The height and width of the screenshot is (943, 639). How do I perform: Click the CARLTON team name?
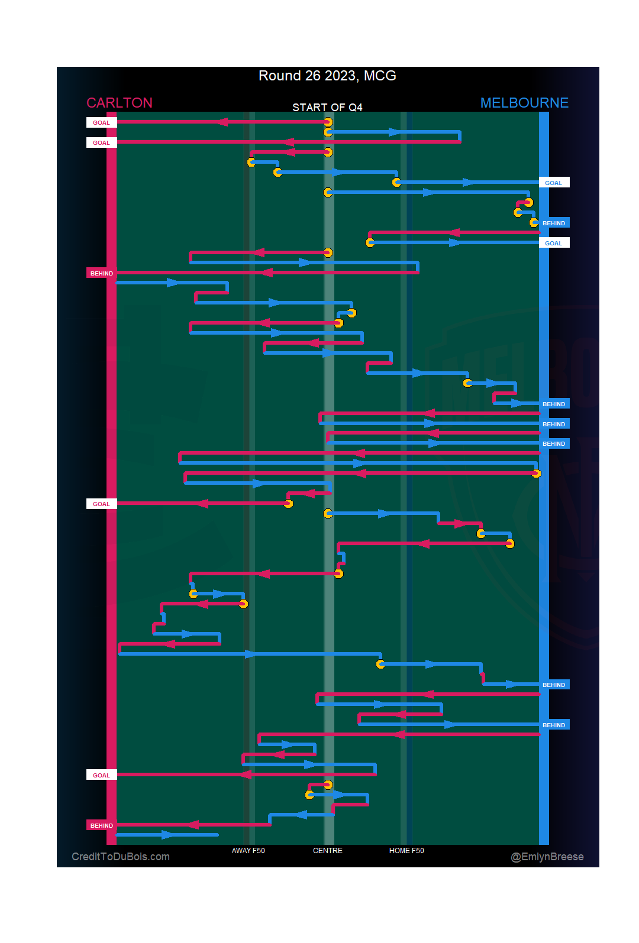click(x=120, y=103)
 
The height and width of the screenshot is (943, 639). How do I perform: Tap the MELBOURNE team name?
click(x=524, y=103)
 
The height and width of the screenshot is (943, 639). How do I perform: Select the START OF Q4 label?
click(x=327, y=107)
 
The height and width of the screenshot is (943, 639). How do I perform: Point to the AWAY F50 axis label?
click(x=248, y=851)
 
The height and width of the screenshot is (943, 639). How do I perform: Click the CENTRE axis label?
click(x=328, y=851)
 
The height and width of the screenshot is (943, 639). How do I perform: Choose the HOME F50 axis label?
click(x=406, y=851)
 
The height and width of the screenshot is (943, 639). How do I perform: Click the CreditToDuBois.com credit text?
click(x=121, y=857)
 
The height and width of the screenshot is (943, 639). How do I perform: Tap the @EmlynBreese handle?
click(x=547, y=857)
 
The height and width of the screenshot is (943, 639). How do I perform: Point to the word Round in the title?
click(x=280, y=76)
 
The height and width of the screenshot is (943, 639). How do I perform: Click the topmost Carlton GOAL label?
click(x=102, y=122)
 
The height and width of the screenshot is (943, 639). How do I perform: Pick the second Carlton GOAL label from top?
click(x=102, y=142)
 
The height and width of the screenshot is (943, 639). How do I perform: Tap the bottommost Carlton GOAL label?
click(x=102, y=775)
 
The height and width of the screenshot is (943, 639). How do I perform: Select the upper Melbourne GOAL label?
click(x=554, y=183)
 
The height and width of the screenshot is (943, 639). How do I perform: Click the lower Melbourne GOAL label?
click(x=554, y=243)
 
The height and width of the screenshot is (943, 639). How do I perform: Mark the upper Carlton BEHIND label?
click(x=102, y=273)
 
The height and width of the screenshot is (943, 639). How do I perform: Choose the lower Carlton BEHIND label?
click(x=102, y=825)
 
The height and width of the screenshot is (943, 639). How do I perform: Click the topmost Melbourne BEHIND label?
click(x=554, y=223)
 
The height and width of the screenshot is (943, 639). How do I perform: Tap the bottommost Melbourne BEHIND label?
click(x=554, y=725)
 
